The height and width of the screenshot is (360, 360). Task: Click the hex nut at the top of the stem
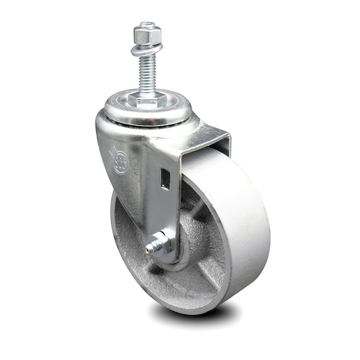pos(148,35)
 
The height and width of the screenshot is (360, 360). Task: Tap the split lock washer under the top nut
pos(148,49)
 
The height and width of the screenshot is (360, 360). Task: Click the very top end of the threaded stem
pos(148,25)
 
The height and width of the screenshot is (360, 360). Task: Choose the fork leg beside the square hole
pos(157,204)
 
